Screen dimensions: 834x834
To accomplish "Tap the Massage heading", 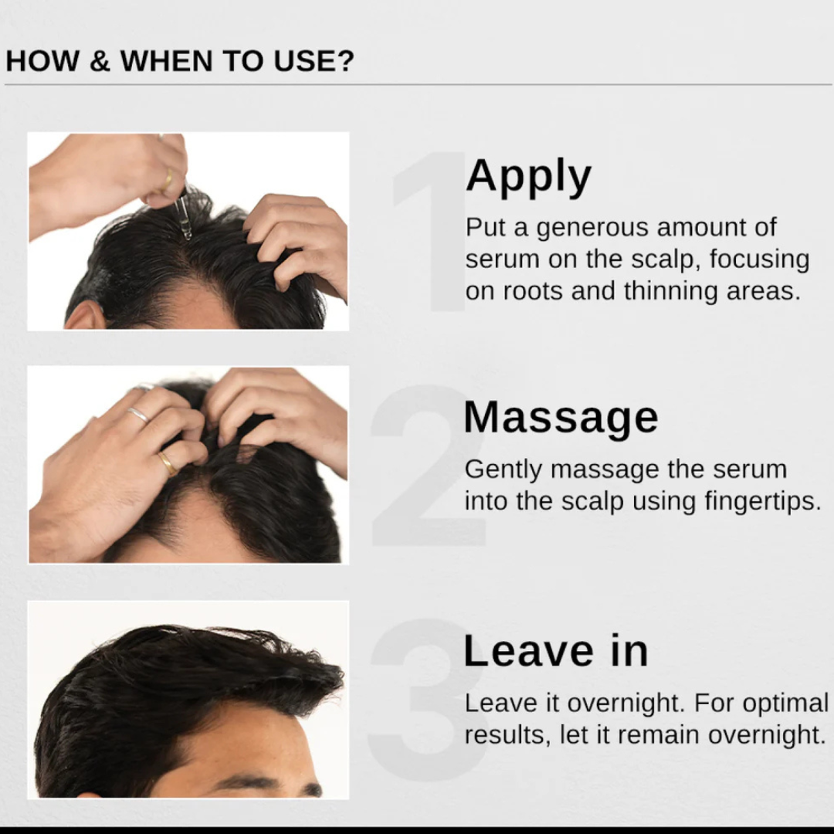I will click(561, 418).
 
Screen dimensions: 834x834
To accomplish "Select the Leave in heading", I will click(555, 650).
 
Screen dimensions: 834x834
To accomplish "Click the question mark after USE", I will click(344, 61).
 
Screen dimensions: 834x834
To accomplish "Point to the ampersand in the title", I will click(100, 61).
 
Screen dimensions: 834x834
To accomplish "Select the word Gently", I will click(503, 470).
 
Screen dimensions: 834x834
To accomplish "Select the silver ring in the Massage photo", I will click(138, 415).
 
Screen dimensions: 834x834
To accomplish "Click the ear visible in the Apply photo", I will click(85, 317).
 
